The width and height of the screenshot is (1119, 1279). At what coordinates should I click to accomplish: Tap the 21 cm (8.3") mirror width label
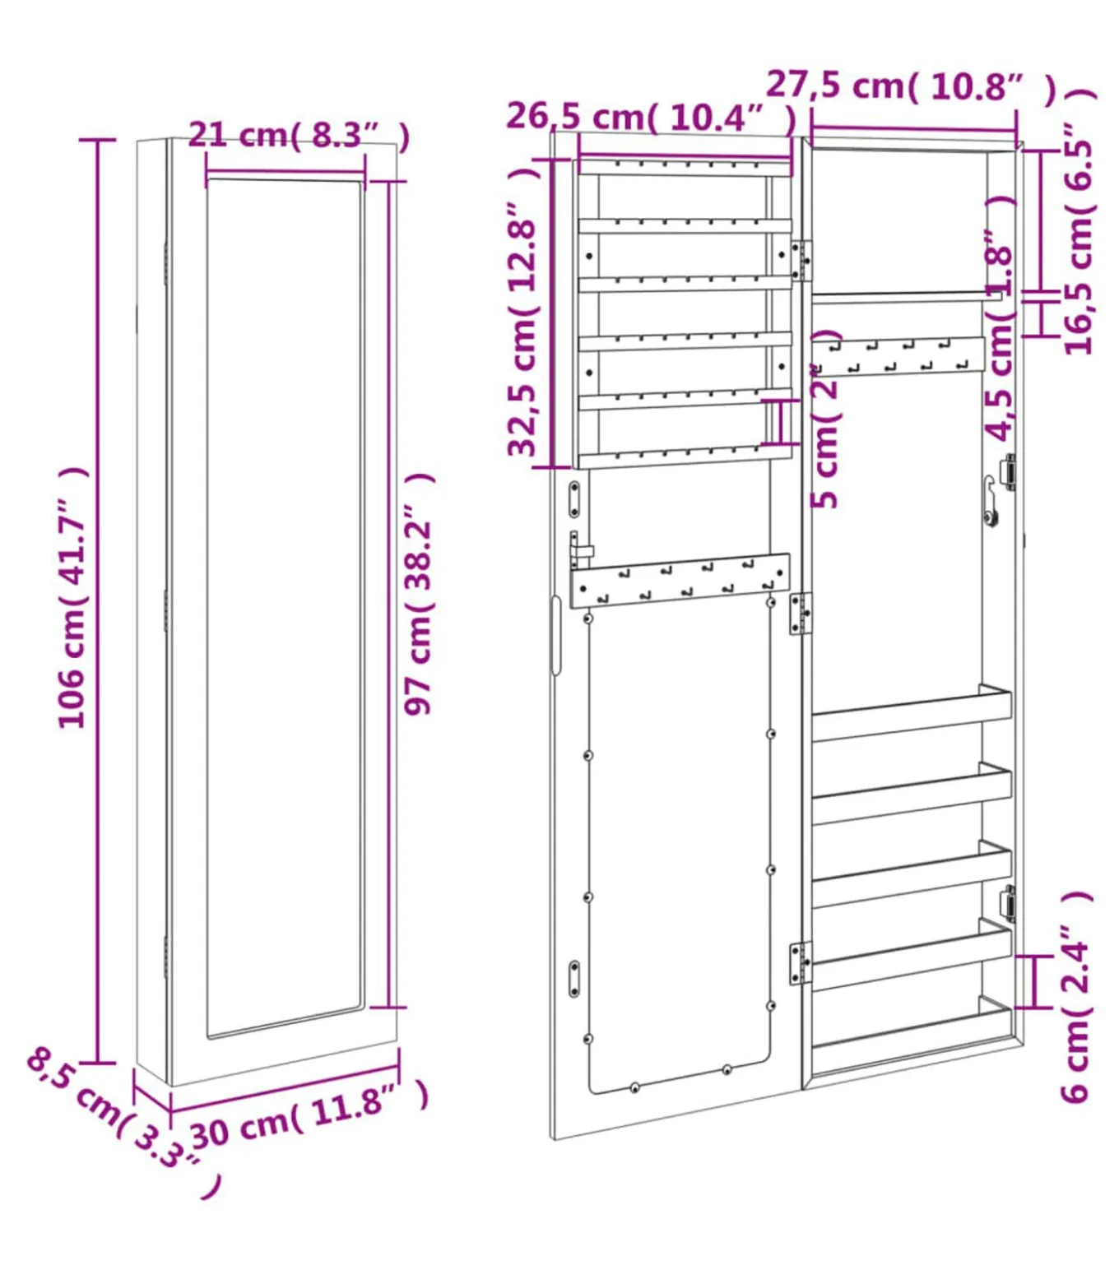point(298,135)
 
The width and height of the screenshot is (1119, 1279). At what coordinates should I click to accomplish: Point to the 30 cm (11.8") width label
point(309,1114)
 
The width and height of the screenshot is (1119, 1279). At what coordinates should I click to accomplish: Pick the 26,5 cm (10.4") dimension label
point(651,117)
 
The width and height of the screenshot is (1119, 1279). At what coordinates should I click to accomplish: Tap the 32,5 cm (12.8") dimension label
point(523,313)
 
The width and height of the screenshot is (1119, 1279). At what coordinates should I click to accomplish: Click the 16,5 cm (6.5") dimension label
point(1080,239)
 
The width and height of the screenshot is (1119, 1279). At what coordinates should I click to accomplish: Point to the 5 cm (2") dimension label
point(825,419)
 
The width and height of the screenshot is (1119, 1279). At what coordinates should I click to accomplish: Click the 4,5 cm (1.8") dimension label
point(1001,321)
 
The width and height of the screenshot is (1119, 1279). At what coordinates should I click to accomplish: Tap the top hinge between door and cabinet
point(801,260)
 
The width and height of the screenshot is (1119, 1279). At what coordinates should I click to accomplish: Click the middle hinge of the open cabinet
point(800,614)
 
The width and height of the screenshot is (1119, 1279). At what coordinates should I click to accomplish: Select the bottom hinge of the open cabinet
point(800,962)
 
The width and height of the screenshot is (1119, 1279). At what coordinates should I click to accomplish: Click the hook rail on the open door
point(680,581)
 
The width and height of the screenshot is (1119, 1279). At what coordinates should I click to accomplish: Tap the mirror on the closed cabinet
point(284,609)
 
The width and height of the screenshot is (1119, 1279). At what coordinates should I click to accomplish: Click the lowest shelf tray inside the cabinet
point(912,1028)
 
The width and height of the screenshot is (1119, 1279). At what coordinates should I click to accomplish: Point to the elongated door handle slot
point(556,635)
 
